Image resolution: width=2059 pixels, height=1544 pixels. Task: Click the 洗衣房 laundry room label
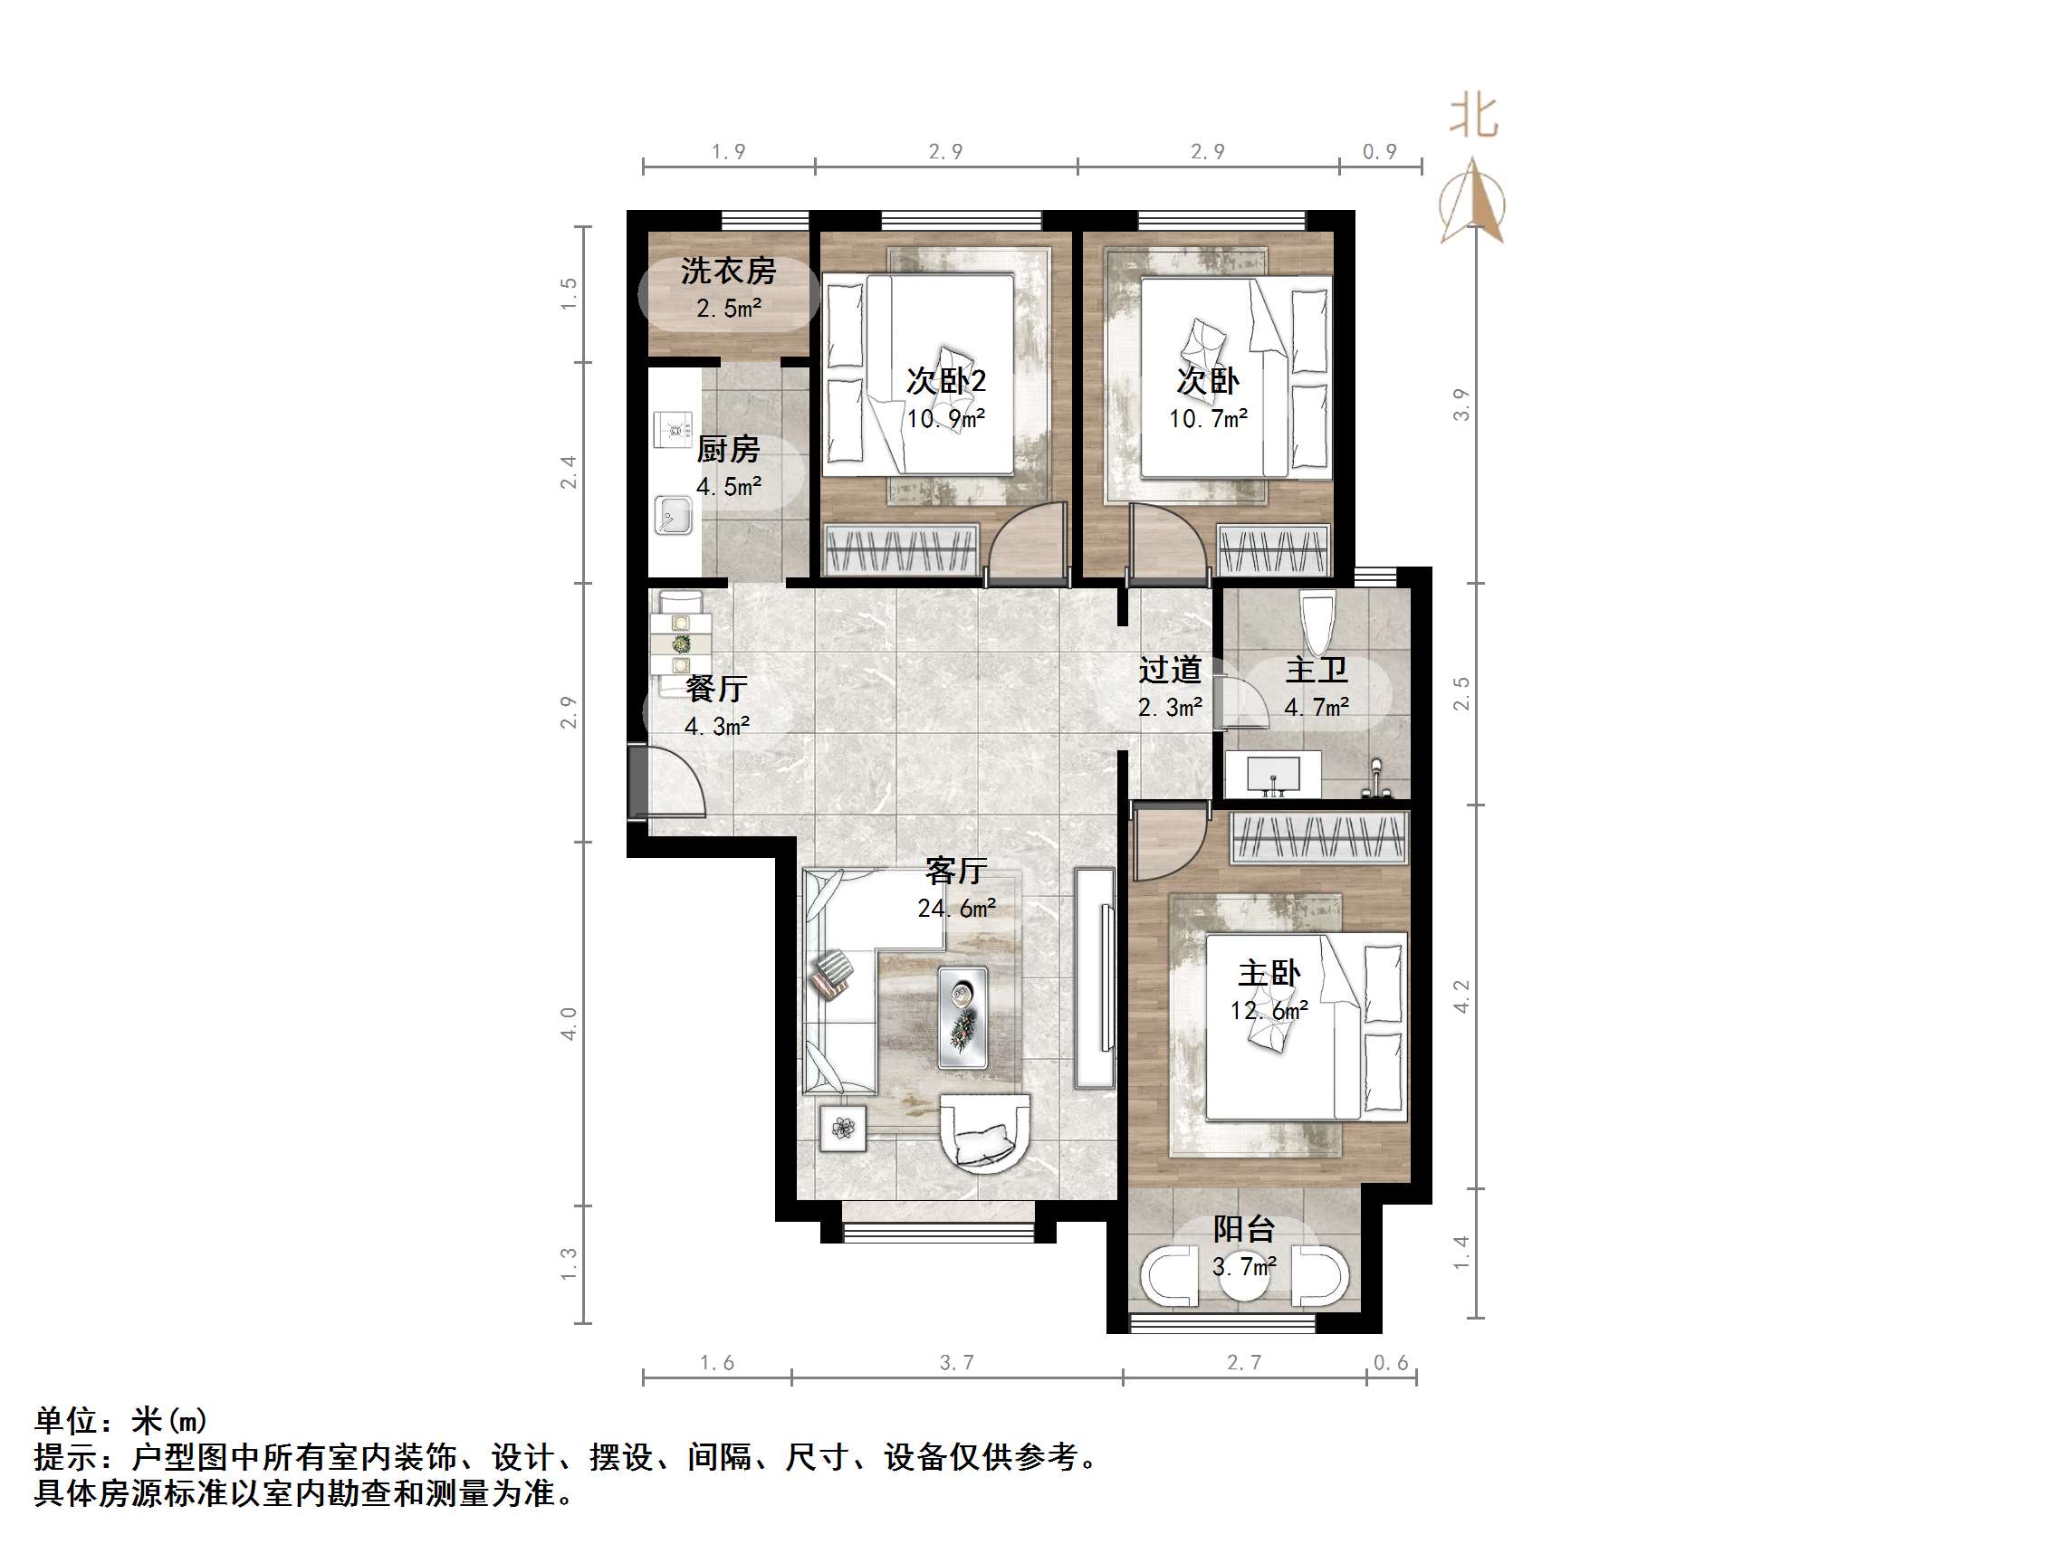(728, 271)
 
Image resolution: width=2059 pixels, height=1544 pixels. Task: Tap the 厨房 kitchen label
(728, 450)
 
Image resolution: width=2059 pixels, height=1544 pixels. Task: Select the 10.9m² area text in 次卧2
(945, 419)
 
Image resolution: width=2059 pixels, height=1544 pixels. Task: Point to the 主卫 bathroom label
(1317, 670)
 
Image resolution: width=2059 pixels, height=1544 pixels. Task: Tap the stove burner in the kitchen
(673, 429)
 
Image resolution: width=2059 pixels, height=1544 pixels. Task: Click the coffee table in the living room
(962, 1016)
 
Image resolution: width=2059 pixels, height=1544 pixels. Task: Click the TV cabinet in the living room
(1095, 978)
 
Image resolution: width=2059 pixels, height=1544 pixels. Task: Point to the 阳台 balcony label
(1242, 1229)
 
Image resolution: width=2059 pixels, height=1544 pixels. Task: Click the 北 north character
(1473, 118)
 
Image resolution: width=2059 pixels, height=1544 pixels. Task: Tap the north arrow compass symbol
(1472, 203)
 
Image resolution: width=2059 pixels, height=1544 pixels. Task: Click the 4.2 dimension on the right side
(1461, 996)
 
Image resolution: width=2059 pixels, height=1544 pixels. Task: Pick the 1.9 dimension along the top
(728, 151)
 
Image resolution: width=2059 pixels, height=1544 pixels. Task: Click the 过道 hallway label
(1169, 670)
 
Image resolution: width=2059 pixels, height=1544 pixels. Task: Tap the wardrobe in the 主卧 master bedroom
(1319, 836)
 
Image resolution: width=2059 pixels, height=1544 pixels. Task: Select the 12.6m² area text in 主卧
(1269, 1011)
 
